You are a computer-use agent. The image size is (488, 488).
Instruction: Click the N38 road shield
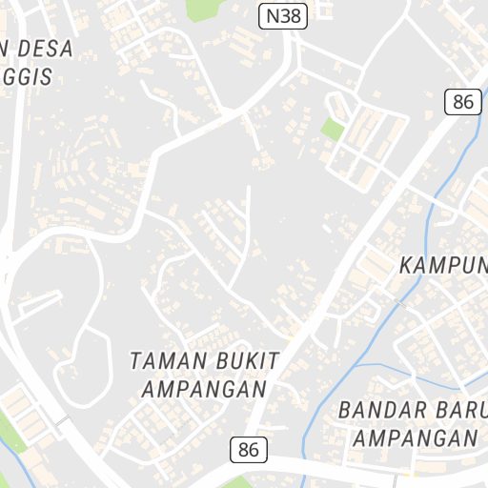point(282,15)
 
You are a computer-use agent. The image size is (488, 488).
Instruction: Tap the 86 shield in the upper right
point(463,102)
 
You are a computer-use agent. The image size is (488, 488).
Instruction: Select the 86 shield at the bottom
point(249,448)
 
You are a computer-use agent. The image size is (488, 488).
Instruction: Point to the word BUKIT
point(245,361)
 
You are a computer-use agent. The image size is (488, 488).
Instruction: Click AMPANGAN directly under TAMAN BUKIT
point(203,389)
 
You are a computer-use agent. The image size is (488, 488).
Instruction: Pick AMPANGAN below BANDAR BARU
point(414,438)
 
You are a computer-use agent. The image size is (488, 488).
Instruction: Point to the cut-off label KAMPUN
point(442,264)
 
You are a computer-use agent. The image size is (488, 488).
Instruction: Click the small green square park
point(333,130)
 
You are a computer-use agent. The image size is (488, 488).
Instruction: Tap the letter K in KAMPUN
point(406,264)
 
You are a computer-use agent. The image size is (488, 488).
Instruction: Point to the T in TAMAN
point(134,361)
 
